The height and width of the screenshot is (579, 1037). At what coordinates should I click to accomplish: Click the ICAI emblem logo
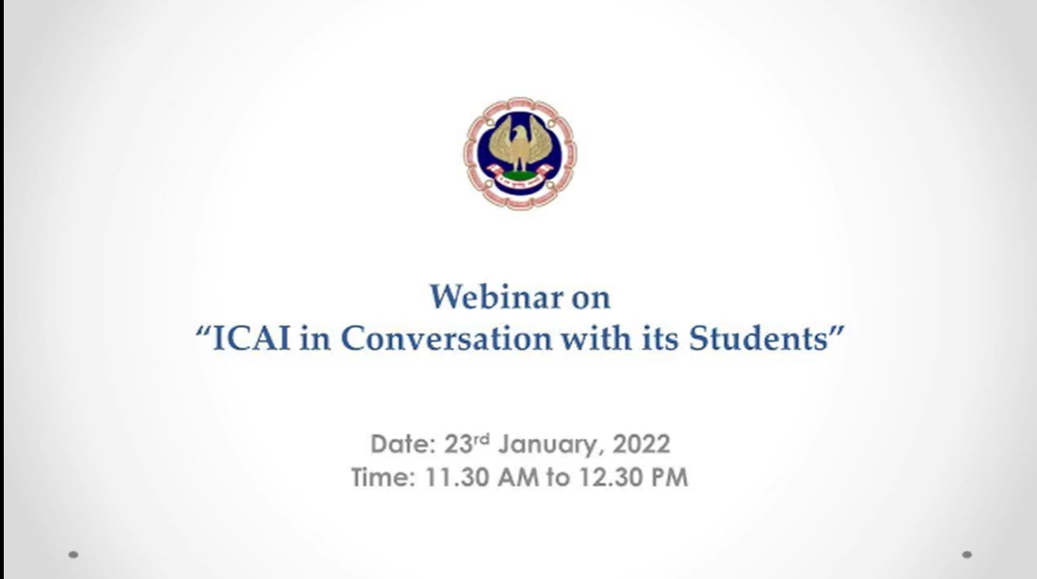click(519, 153)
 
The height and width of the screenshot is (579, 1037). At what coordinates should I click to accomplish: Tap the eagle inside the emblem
click(519, 144)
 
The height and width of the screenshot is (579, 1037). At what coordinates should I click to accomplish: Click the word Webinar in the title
click(496, 297)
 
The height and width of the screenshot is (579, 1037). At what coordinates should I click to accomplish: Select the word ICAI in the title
click(251, 338)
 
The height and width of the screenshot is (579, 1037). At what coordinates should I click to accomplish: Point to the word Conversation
click(446, 338)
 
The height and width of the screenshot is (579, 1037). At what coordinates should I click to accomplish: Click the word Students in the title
click(758, 338)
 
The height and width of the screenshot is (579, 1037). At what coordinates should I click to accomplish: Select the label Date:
click(403, 444)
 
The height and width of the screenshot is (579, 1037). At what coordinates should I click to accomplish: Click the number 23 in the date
click(457, 444)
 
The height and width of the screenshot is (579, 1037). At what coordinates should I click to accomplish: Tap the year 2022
click(642, 444)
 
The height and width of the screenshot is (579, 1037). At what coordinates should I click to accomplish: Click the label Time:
click(383, 477)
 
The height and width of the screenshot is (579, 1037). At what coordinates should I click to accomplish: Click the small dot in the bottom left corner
click(73, 555)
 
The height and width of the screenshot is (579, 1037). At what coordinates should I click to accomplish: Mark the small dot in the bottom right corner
click(967, 555)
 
